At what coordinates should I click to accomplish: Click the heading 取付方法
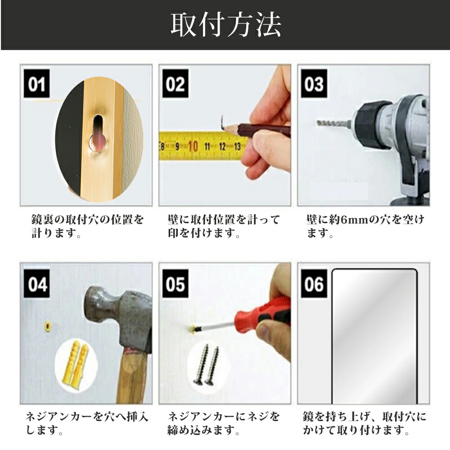225,25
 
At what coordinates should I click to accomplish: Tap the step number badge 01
37,84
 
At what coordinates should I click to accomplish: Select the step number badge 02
175,84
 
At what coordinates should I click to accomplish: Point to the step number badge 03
314,84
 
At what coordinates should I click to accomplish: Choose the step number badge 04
37,284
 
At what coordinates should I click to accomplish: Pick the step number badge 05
175,284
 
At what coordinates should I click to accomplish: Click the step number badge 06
314,284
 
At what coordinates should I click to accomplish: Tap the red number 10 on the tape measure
193,146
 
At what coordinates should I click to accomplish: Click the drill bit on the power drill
334,124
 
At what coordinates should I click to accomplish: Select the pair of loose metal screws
206,365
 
